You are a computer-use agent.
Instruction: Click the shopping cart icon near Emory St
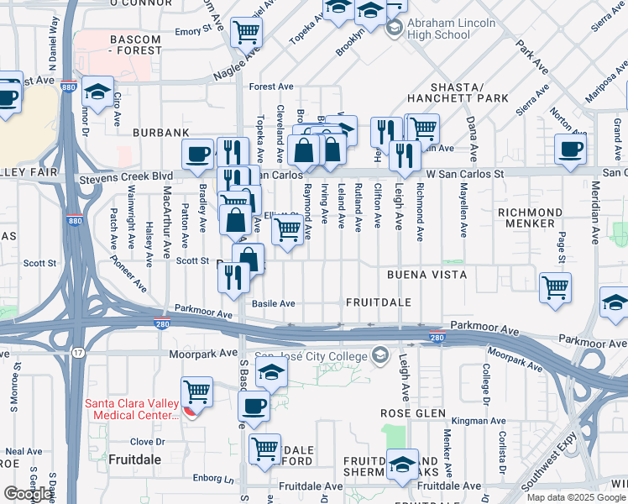pos(247,33)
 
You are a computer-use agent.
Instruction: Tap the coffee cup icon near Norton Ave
pos(571,150)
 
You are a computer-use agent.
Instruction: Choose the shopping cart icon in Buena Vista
pos(555,288)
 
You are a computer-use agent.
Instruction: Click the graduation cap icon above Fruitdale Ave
pos(403,464)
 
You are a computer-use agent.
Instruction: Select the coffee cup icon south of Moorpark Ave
pos(254,407)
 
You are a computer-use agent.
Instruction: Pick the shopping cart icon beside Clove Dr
pos(265,449)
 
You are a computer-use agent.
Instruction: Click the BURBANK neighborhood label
pos(160,134)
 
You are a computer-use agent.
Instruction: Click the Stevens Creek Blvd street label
pos(125,178)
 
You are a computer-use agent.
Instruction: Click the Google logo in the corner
pos(29,494)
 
